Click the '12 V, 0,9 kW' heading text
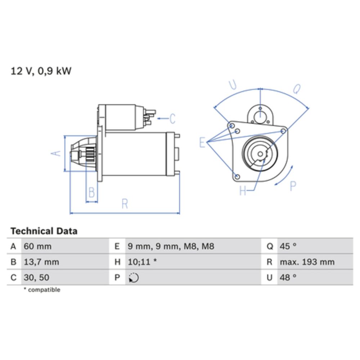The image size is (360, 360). (41, 71)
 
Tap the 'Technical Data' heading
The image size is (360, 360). (44, 231)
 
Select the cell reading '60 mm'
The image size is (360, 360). (37, 247)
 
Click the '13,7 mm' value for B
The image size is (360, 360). (41, 262)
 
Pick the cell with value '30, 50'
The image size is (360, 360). (36, 278)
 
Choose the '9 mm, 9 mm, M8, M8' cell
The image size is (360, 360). (171, 247)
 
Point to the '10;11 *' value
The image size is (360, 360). (142, 262)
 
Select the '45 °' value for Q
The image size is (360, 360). (288, 247)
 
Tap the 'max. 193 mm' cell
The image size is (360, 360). (307, 262)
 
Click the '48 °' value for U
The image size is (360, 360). (288, 278)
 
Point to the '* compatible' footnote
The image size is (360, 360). (42, 290)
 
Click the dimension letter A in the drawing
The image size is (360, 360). (55, 153)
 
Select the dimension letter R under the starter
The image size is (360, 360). (125, 204)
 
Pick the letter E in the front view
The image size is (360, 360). (202, 143)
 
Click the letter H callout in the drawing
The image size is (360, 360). (243, 191)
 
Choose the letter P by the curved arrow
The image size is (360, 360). (293, 186)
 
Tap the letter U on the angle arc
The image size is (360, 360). (233, 85)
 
